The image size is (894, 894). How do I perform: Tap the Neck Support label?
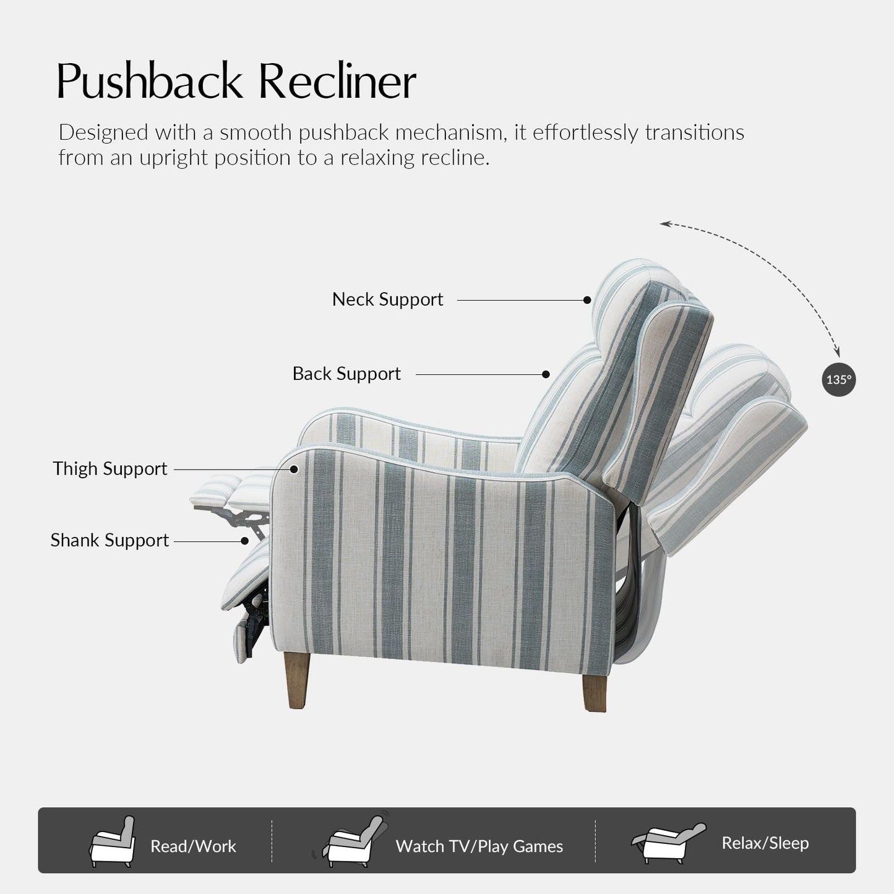coord(387,299)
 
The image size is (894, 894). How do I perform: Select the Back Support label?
coord(346,374)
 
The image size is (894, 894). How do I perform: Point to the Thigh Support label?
coord(110,469)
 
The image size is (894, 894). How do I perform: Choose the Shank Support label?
coord(110,540)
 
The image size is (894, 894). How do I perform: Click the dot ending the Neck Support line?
coord(587,300)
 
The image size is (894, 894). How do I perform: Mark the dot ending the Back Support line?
coord(546,374)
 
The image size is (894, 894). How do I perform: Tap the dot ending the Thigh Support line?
coord(294,470)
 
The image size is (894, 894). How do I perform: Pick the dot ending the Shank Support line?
coord(245,541)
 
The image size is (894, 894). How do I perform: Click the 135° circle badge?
coord(839,379)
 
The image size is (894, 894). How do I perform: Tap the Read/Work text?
coord(193,846)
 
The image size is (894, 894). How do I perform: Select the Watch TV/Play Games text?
coord(479,846)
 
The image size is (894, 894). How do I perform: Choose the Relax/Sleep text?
coord(765,843)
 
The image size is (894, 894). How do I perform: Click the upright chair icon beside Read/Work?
coord(113,842)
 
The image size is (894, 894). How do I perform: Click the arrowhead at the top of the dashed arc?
coord(664,223)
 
